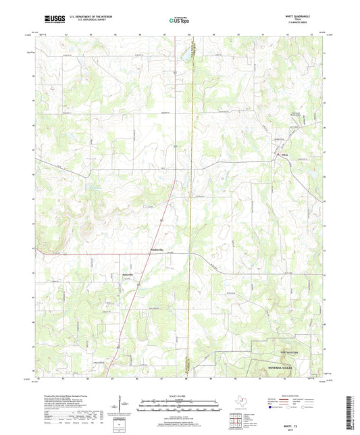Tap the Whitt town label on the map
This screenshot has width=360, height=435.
coord(286,157)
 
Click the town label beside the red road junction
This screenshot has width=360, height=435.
coord(157,250)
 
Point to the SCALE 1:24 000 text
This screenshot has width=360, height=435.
coord(180,396)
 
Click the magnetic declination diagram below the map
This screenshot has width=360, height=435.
coord(120,405)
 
